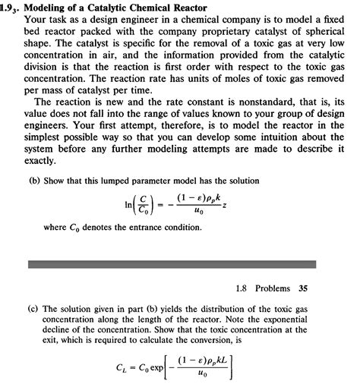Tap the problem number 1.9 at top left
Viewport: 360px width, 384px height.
pos(8,8)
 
